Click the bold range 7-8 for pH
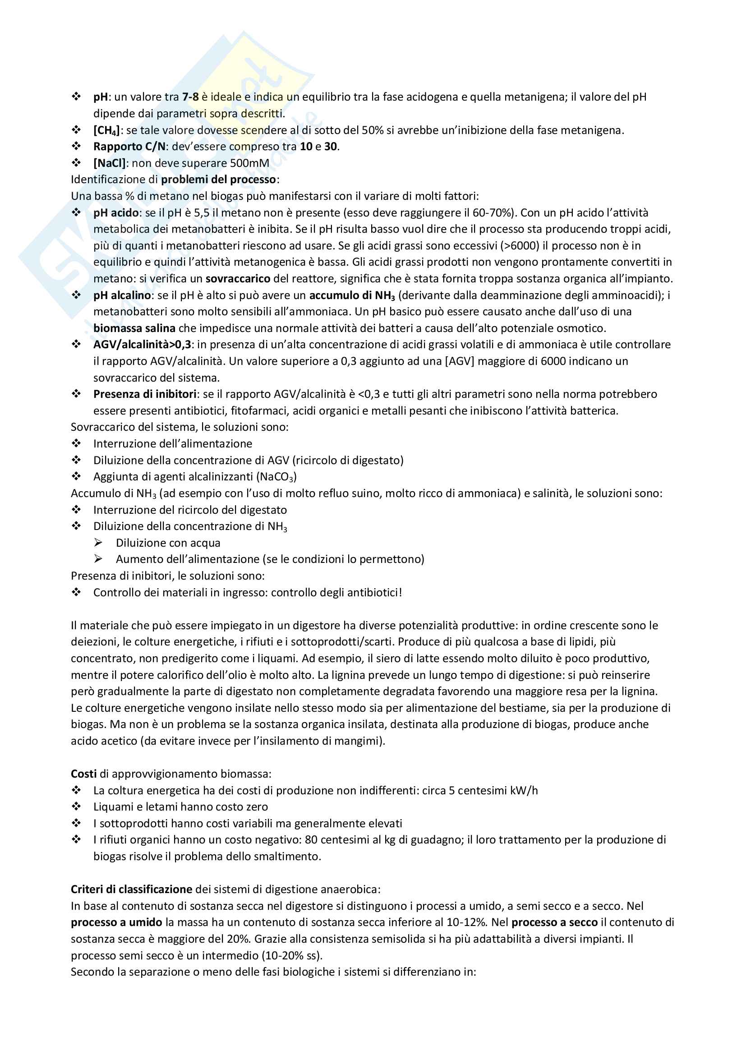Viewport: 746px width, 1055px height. pos(190,97)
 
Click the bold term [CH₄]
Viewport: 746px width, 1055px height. pos(106,130)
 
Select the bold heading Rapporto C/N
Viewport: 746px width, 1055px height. pos(129,147)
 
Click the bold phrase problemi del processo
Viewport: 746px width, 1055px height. pos(219,180)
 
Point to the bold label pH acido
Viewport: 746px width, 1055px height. pos(116,213)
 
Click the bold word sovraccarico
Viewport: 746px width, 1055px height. pos(238,279)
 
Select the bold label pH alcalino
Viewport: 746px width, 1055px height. pos(122,295)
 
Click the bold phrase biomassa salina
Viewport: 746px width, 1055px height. pos(134,328)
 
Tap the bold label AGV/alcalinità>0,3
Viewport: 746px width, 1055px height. pos(143,345)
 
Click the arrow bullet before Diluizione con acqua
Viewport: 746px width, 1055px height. pos(98,543)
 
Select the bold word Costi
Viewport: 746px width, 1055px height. pos(83,774)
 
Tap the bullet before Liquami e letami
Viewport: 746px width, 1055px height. pos(76,807)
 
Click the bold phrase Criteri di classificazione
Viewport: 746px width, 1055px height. pos(131,889)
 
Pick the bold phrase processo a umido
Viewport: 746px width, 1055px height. pos(116,923)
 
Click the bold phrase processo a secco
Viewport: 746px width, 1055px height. pos(554,923)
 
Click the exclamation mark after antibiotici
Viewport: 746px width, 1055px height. pos(400,593)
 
